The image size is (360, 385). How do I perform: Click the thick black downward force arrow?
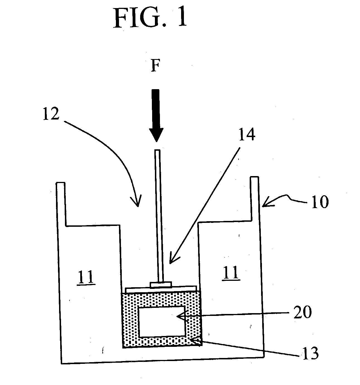tap(156, 116)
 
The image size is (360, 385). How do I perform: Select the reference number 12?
tap(51, 114)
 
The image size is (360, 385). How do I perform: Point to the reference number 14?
tap(247, 134)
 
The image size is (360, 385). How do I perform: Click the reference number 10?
tap(320, 202)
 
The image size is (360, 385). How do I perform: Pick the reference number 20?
tap(302, 312)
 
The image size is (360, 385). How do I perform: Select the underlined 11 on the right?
tap(231, 272)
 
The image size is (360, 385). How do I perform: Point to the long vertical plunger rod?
tap(159, 216)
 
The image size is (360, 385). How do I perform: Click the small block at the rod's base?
tap(160, 285)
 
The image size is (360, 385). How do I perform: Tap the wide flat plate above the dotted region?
tap(161, 289)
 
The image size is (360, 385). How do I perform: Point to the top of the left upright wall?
tap(60, 183)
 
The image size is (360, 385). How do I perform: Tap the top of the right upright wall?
tap(254, 177)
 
